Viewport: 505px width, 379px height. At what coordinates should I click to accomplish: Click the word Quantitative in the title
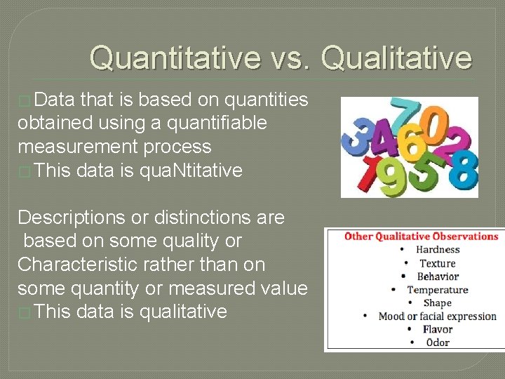pos(175,58)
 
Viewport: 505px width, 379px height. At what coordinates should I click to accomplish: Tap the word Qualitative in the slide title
pos(397,58)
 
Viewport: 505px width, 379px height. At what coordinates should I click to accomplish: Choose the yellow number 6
pos(413,145)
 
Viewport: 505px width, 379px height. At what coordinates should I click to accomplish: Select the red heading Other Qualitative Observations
pos(421,237)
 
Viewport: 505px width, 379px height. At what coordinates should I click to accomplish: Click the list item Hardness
pos(438,250)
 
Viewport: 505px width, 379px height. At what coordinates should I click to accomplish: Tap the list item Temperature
pos(438,290)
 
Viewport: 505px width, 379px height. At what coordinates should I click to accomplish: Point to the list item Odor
pos(438,343)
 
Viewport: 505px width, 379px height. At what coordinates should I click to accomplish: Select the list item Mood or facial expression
pos(438,317)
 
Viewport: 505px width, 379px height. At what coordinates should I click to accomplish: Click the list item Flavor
pos(438,329)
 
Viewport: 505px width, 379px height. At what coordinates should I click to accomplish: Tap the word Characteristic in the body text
pos(76,265)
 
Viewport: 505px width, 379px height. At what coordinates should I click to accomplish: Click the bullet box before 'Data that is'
pos(24,100)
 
